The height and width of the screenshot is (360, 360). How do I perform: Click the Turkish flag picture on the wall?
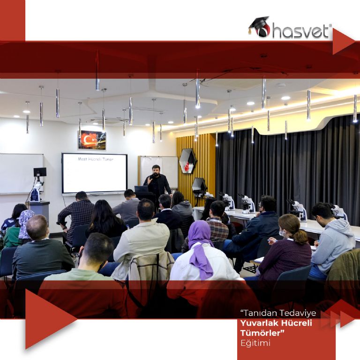(x=92, y=140)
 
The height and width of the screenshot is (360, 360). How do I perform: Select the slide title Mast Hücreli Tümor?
(x=96, y=159)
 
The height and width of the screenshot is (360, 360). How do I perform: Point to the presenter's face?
(x=156, y=170)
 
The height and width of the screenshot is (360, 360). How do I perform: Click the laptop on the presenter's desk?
(x=141, y=189)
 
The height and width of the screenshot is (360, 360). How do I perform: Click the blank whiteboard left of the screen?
(x=21, y=173)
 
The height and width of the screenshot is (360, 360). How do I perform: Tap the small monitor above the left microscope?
(x=40, y=172)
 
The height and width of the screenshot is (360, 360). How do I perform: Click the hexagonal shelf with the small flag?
(x=188, y=161)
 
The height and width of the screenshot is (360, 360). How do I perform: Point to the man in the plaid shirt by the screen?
(x=76, y=216)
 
